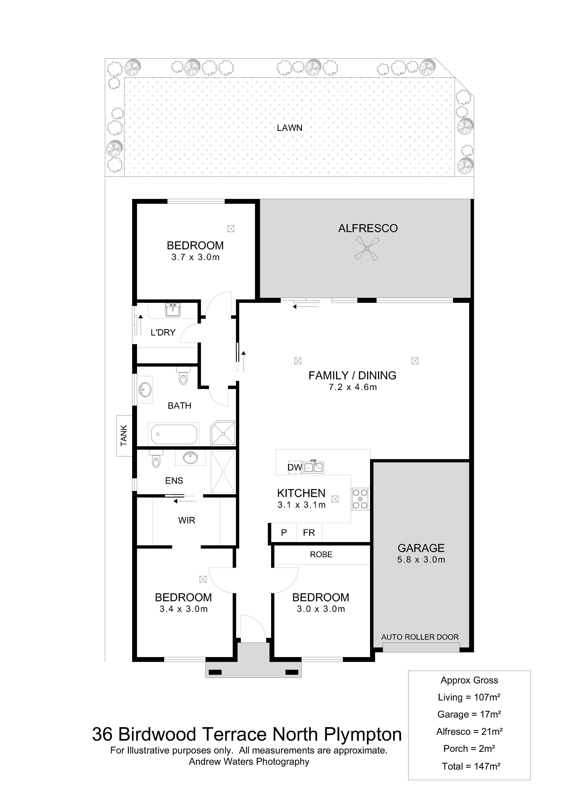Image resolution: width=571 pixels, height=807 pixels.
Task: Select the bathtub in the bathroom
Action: tap(174, 434)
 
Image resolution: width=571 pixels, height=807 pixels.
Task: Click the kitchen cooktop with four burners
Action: tap(360, 499)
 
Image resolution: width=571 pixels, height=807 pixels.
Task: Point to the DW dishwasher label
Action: tap(295, 467)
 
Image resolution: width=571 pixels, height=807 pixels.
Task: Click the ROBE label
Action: tap(321, 555)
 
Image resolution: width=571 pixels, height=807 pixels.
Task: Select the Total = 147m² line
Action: tap(471, 766)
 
